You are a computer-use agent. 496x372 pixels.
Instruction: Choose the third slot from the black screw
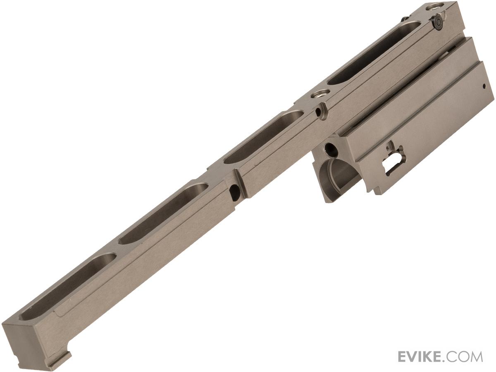(x=163, y=214)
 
